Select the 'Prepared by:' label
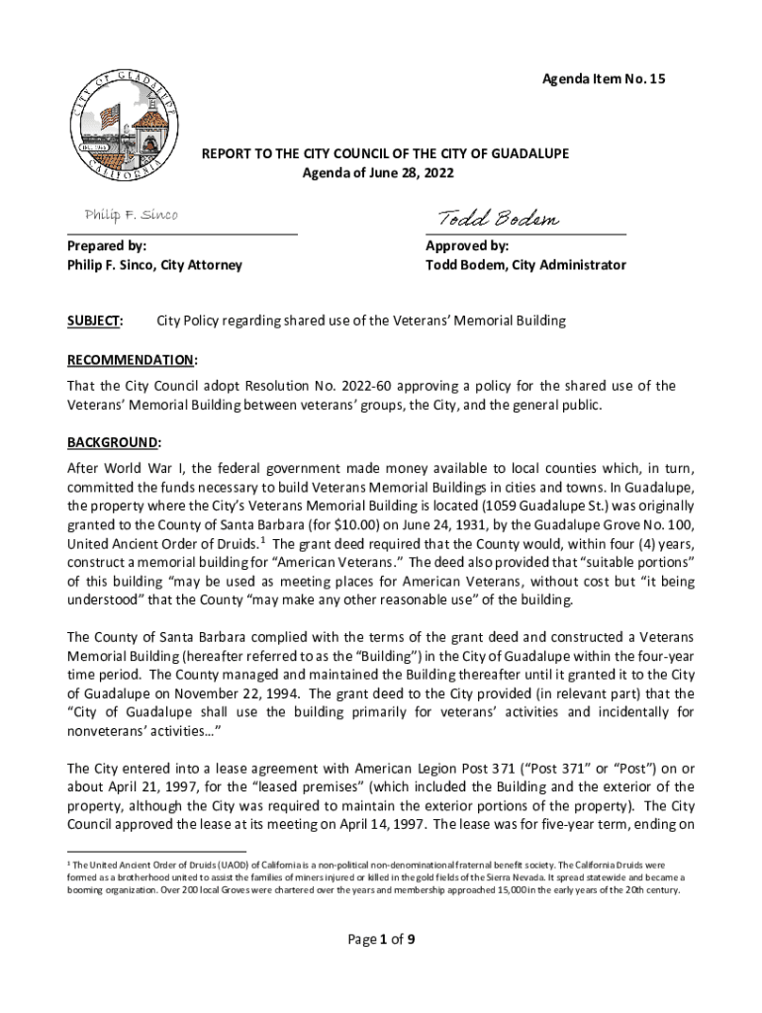(106, 245)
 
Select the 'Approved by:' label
(467, 245)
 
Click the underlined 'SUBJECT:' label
(95, 321)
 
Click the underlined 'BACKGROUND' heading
(113, 441)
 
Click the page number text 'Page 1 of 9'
(380, 941)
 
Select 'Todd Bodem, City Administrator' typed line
(525, 265)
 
